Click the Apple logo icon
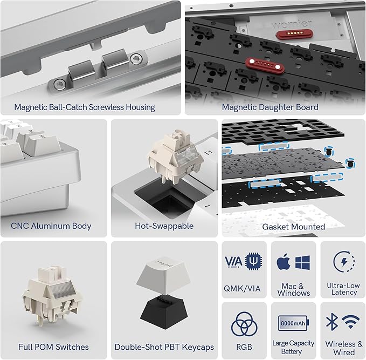[x=284, y=261]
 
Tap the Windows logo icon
[x=302, y=262]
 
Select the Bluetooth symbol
[x=332, y=322]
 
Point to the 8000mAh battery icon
[x=293, y=323]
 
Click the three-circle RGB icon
[x=244, y=323]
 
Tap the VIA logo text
[x=233, y=261]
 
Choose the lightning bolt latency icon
[x=343, y=261]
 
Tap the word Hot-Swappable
[x=164, y=226]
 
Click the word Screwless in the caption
[x=106, y=107]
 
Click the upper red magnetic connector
[x=294, y=34]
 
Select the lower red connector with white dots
[x=265, y=65]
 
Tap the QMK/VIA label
[x=242, y=289]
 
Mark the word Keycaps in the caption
[x=198, y=348]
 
